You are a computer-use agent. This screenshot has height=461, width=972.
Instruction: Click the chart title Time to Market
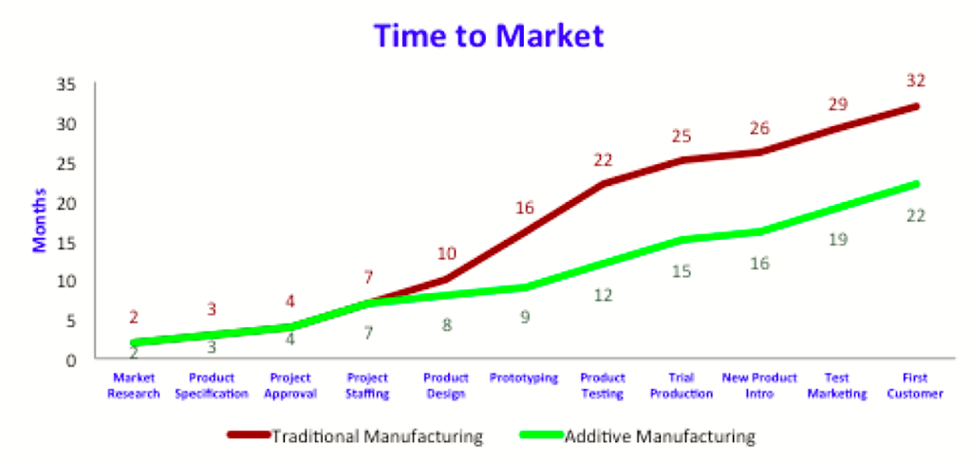click(489, 36)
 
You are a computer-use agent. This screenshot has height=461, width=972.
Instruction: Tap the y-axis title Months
click(40, 220)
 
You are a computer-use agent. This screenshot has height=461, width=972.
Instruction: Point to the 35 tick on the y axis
click(65, 84)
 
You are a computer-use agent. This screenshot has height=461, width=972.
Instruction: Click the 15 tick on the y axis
click(65, 242)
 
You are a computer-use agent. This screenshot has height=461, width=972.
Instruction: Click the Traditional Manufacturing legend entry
click(355, 436)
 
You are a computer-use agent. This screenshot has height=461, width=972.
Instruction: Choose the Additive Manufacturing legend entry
click(638, 436)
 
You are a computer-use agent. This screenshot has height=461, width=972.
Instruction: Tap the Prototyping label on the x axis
click(524, 378)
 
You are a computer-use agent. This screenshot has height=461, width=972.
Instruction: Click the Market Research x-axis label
click(133, 385)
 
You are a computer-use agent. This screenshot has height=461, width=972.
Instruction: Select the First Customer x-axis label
click(915, 385)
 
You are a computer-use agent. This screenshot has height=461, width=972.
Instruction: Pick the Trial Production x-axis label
click(682, 385)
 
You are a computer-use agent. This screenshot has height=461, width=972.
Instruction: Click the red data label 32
click(916, 81)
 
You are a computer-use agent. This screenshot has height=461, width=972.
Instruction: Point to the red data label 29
click(837, 104)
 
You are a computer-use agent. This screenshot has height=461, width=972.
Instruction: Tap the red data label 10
click(446, 253)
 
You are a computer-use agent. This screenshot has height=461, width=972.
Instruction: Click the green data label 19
click(837, 239)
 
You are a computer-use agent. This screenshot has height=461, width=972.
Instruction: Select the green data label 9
click(525, 317)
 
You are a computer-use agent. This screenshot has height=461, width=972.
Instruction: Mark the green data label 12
click(603, 295)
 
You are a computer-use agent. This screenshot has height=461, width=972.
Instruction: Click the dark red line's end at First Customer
click(916, 106)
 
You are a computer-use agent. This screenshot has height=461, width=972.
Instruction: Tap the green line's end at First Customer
click(916, 184)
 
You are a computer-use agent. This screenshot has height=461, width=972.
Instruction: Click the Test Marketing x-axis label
click(837, 385)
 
